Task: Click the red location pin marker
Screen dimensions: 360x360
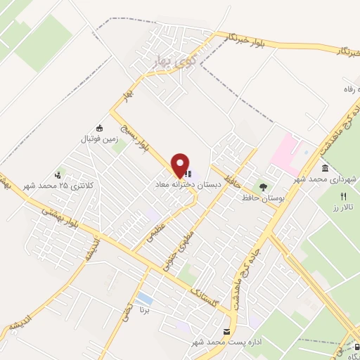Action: point(181,165)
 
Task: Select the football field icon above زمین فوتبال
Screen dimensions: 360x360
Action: point(99,128)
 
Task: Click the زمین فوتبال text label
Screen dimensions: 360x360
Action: point(98,139)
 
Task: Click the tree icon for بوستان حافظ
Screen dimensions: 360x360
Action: point(263,187)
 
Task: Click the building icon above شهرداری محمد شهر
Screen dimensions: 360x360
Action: point(324,169)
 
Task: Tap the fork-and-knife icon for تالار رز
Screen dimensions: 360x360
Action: point(344,196)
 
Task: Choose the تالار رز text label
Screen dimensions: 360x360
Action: point(345,209)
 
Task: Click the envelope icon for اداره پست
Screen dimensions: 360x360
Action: point(226,331)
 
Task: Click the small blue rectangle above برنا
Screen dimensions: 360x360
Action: point(145,297)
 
